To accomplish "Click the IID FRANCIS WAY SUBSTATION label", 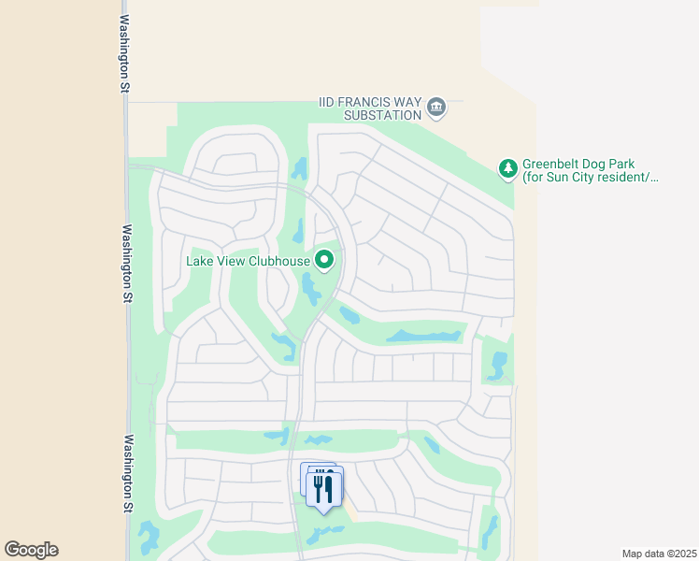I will pyautogui.click(x=370, y=108).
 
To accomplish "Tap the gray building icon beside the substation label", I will pyautogui.click(x=436, y=108).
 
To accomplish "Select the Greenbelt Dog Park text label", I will pyautogui.click(x=591, y=168).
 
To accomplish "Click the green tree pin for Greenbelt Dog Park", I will pyautogui.click(x=507, y=168).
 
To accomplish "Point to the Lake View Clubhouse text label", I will pyautogui.click(x=247, y=260).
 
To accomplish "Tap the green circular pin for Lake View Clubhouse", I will pyautogui.click(x=324, y=260).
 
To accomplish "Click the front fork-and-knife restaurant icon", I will pyautogui.click(x=324, y=488).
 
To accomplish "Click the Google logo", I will pyautogui.click(x=31, y=550).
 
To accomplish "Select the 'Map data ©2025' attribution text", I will pyautogui.click(x=659, y=553).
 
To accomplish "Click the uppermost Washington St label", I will pyautogui.click(x=123, y=53).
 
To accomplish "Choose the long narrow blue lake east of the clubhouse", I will pyautogui.click(x=425, y=334).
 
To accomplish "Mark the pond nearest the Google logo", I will pyautogui.click(x=148, y=537).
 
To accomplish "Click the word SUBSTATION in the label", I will pyautogui.click(x=383, y=115).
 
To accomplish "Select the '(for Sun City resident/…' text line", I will pyautogui.click(x=591, y=176).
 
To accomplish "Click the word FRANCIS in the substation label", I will pyautogui.click(x=374, y=101).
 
